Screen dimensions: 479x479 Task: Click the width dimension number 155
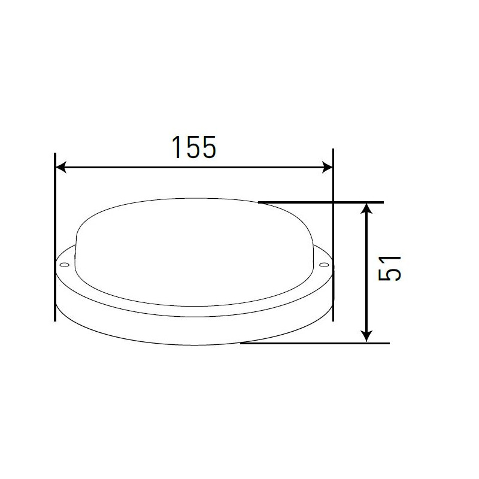pos(193,148)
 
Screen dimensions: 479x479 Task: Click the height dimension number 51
pos(390,267)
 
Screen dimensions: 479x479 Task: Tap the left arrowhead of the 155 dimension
pos(60,168)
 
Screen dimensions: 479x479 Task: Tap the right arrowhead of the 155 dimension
pos(327,168)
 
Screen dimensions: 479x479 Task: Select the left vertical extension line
pos(55,239)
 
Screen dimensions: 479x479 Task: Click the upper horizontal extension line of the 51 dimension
pos(323,202)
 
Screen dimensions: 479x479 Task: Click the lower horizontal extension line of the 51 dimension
pos(317,343)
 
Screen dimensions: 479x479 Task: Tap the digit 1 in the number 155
pos(176,148)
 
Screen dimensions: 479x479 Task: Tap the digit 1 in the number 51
pos(390,257)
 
